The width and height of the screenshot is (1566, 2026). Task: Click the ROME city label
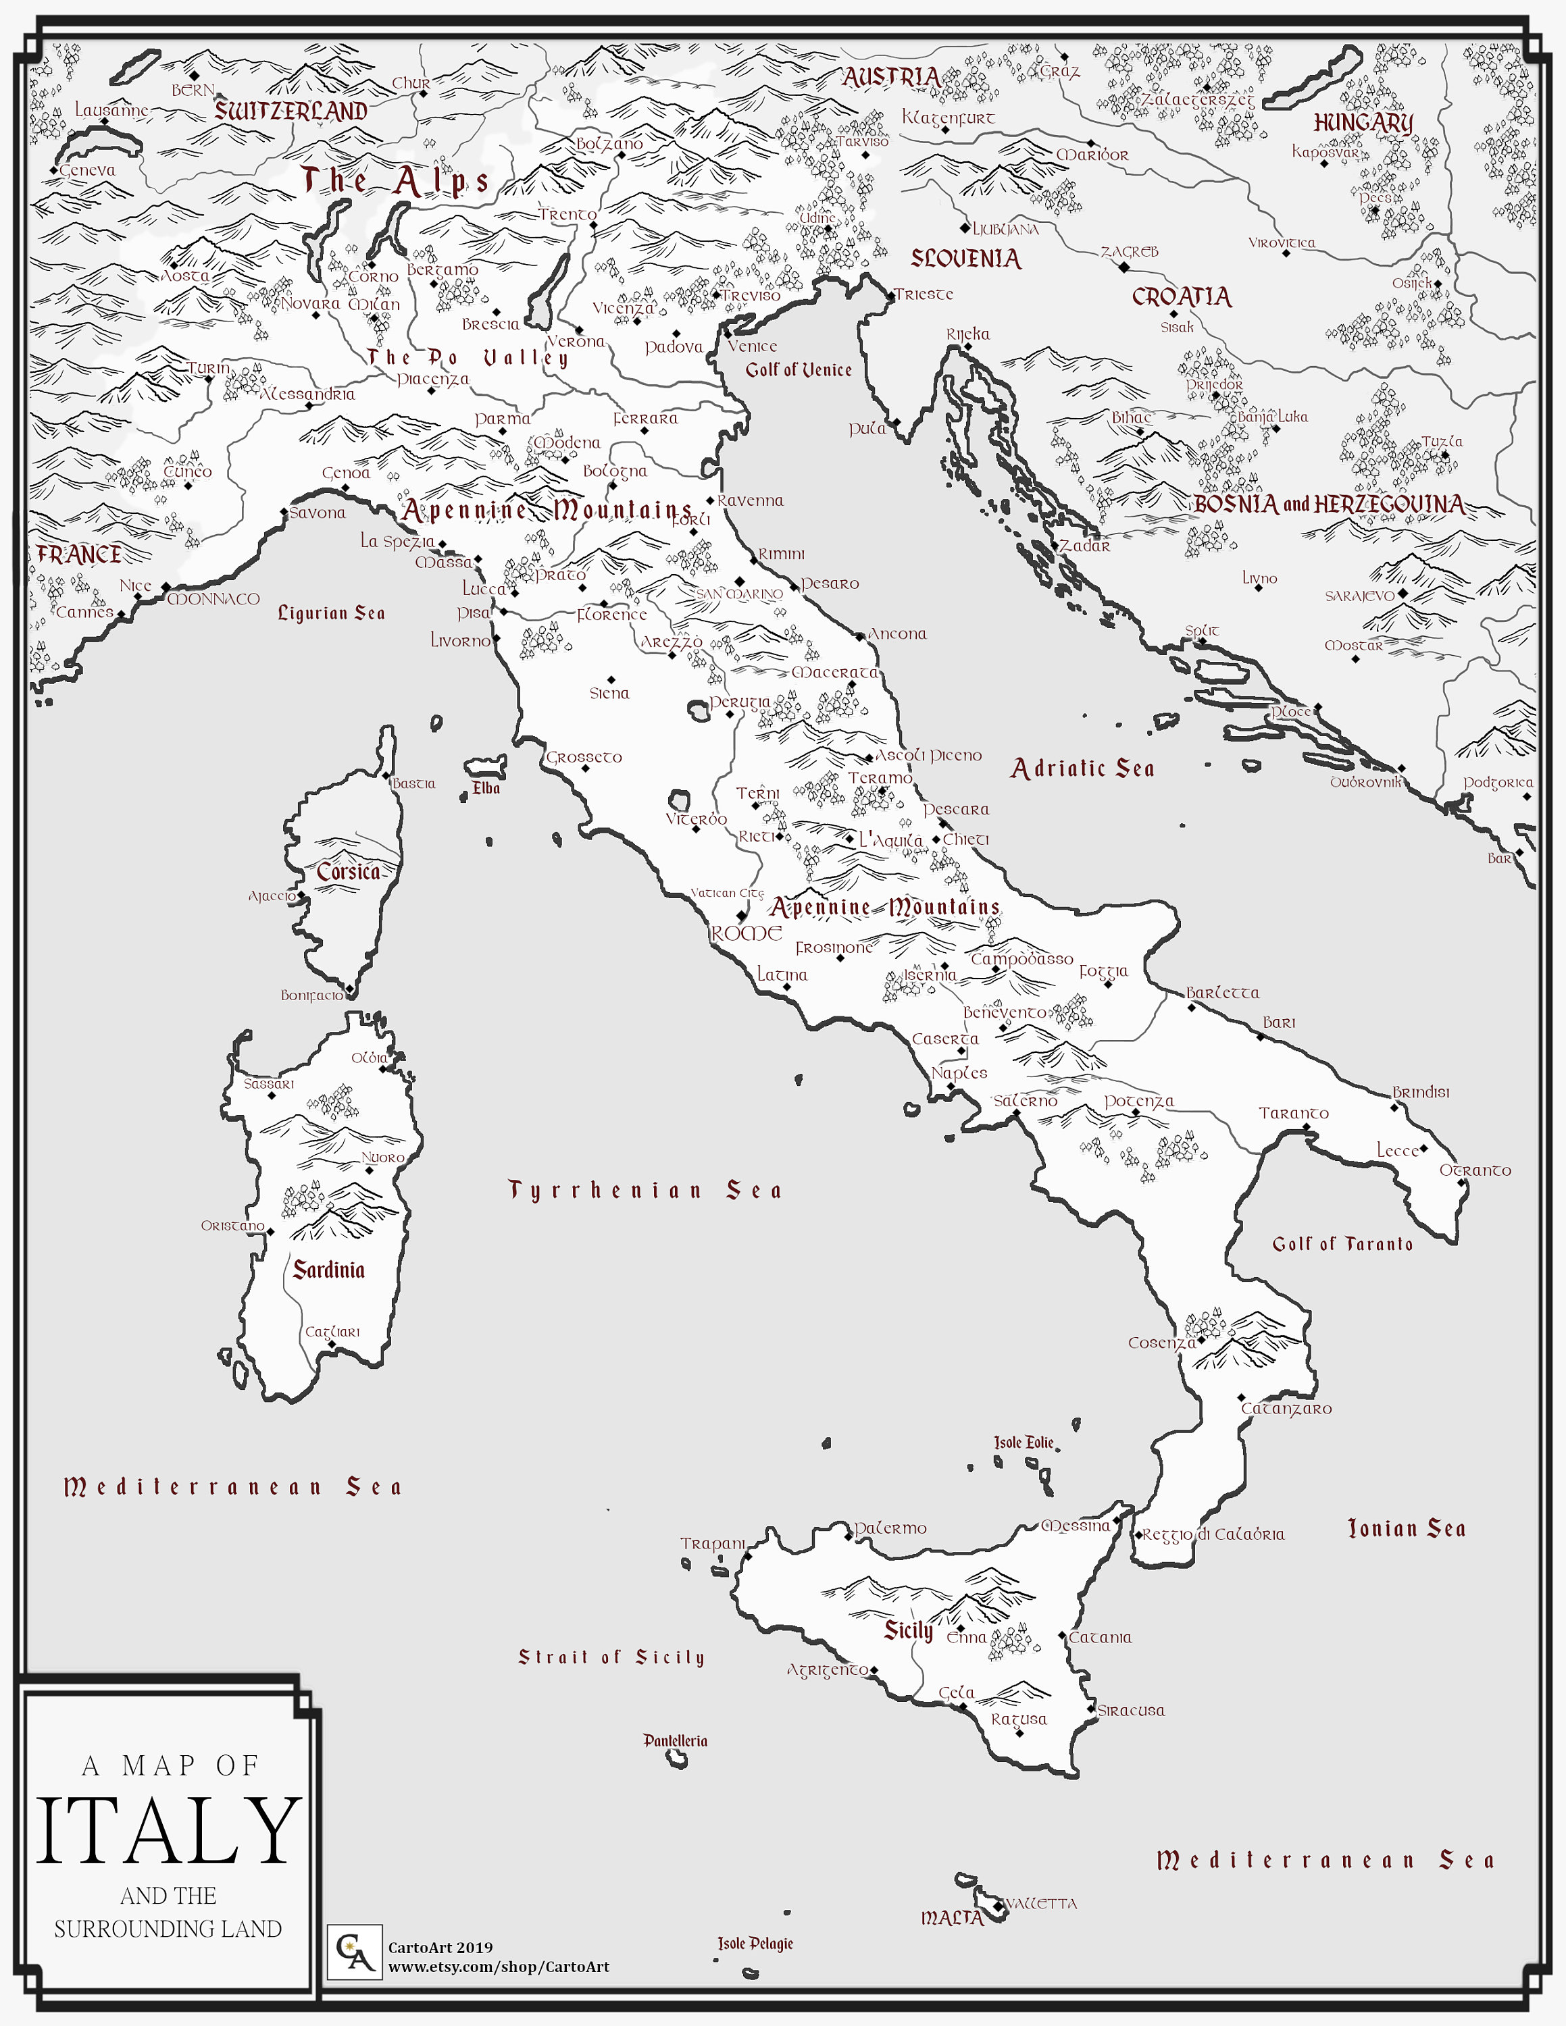coord(746,933)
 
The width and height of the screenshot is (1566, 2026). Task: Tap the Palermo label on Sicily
coord(890,1528)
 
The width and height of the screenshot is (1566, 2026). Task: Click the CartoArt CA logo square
coord(355,1952)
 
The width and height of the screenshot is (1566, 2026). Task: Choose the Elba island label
coord(486,787)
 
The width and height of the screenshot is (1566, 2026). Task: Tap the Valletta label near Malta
coord(1041,1904)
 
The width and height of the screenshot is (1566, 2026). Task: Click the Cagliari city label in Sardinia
coord(332,1331)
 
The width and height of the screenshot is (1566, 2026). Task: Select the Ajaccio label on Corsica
coord(272,895)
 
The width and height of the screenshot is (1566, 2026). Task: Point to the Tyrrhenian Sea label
coord(645,1190)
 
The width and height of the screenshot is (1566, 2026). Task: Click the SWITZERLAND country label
coord(291,111)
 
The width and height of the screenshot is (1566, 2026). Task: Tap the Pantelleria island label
coord(676,1740)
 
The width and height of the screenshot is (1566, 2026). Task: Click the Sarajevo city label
coord(1359,596)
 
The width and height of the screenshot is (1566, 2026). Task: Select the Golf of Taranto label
coord(1342,1244)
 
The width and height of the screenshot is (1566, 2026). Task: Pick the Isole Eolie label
coord(1024,1443)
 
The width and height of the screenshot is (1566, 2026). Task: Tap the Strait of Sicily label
coord(611,1657)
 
